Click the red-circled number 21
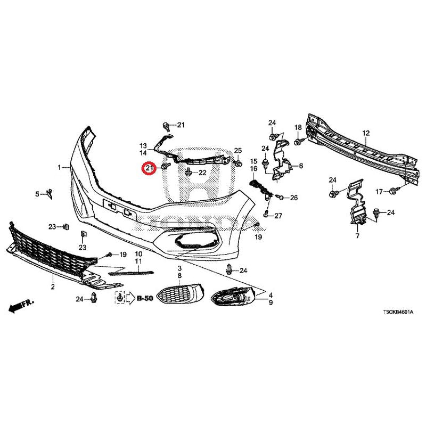(150, 168)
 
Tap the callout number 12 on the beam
(366, 133)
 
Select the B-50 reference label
(145, 298)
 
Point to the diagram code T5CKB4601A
(398, 312)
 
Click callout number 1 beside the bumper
(59, 167)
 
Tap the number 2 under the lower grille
(53, 286)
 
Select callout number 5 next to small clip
(37, 194)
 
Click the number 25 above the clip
(237, 151)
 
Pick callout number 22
(203, 173)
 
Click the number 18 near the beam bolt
(298, 127)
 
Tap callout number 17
(379, 192)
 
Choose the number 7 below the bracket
(357, 236)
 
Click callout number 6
(301, 166)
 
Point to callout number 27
(278, 216)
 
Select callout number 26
(294, 198)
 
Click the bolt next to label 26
(280, 196)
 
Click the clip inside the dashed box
(120, 298)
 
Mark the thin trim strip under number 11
(131, 273)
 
